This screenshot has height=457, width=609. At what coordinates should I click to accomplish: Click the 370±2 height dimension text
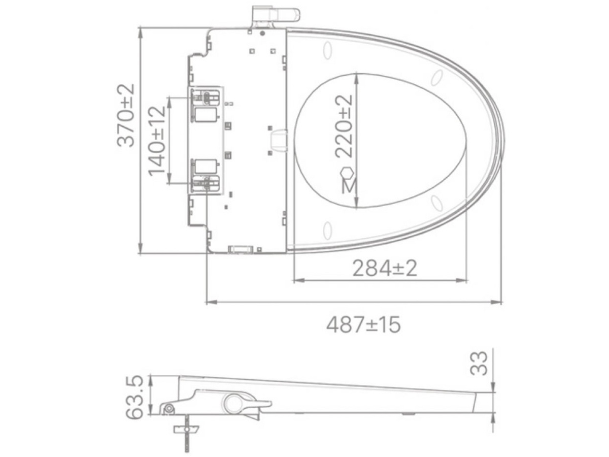tap(126, 115)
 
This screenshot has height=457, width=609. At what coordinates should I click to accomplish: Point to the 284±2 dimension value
tap(385, 268)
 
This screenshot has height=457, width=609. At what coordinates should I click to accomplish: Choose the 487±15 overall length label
tap(363, 324)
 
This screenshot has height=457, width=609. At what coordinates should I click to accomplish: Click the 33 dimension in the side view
tap(479, 363)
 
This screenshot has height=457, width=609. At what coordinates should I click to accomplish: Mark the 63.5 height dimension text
tap(134, 398)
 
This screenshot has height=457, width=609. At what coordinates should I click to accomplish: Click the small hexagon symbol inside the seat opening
tap(347, 172)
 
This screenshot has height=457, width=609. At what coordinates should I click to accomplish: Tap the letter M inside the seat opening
tap(348, 186)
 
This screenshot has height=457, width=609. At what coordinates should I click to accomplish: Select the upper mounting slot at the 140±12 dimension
tap(206, 96)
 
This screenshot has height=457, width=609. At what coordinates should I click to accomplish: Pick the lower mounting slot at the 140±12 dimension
tap(206, 182)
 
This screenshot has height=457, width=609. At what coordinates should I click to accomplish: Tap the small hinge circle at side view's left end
tap(168, 409)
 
